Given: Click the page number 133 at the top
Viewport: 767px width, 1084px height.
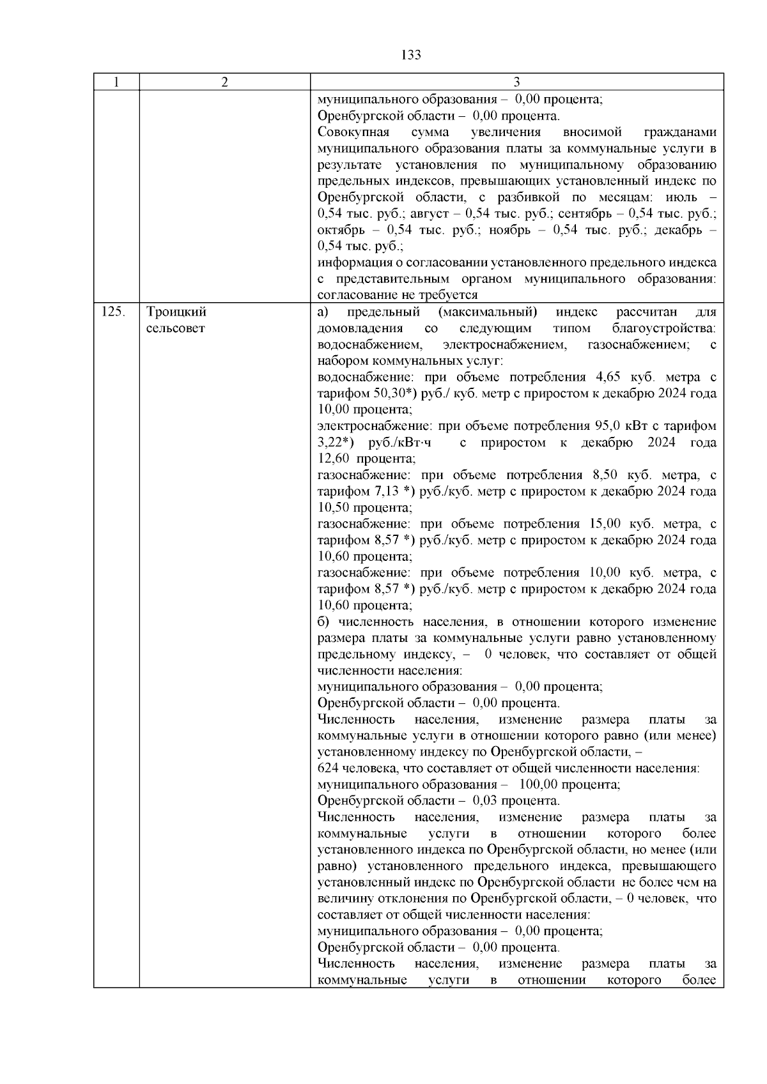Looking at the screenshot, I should (411, 55).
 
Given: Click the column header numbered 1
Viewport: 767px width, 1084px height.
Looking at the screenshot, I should (116, 82).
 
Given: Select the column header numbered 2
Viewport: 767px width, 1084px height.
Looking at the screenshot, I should (224, 82).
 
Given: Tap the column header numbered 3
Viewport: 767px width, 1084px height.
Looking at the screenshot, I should (516, 82).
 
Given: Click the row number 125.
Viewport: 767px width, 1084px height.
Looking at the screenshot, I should (112, 312).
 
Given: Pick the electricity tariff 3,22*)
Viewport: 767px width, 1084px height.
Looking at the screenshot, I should (336, 443).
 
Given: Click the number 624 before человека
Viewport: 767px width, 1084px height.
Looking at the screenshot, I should (328, 768).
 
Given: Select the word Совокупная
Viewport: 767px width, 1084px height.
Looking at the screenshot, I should (349, 132).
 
